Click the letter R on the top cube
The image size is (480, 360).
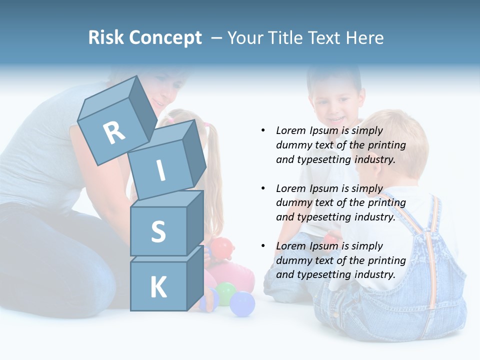coord(114,132)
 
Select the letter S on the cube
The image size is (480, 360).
coord(158,231)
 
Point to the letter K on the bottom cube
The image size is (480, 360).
coord(158,287)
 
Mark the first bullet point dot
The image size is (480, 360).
coord(262,130)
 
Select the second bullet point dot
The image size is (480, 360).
coord(262,188)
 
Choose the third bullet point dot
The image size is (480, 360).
coord(262,246)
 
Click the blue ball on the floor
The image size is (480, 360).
coord(242,304)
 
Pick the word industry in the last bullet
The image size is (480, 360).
coord(374,274)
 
